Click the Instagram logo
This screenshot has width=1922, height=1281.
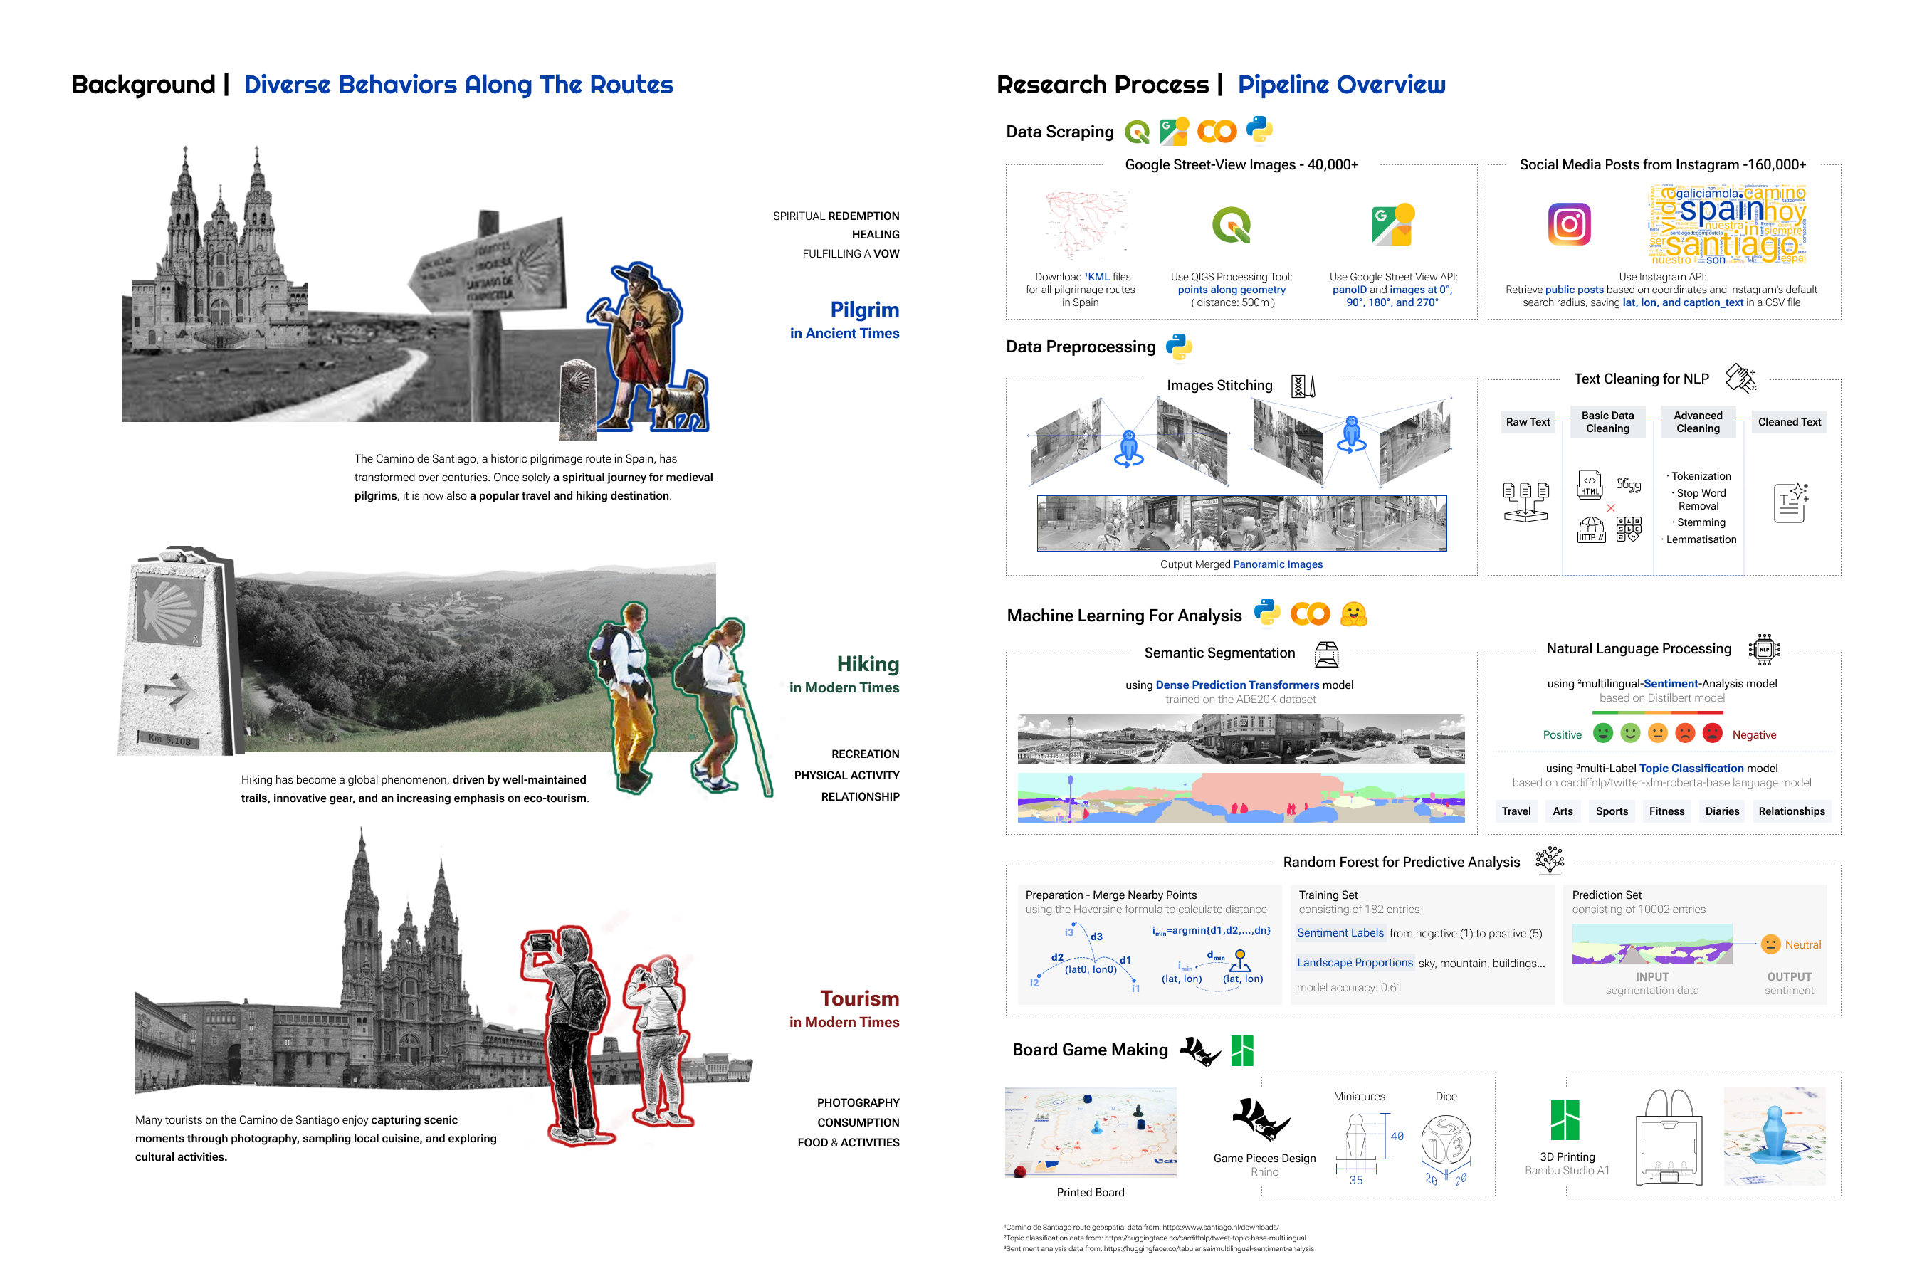click(x=1569, y=224)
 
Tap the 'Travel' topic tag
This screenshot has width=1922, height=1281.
click(x=1516, y=811)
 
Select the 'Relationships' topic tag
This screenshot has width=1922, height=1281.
click(x=1791, y=811)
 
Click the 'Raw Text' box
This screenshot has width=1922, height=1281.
click(x=1528, y=421)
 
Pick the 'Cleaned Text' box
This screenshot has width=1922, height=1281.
click(x=1789, y=421)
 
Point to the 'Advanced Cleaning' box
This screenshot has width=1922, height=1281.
click(x=1697, y=421)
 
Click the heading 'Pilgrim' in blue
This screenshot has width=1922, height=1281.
click(x=865, y=310)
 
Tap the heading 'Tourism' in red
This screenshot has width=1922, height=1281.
click(x=860, y=998)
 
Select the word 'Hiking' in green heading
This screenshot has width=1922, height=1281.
click(x=868, y=664)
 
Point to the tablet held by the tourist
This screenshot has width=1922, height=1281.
click(x=540, y=942)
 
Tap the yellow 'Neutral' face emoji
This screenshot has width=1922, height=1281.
click(x=1770, y=944)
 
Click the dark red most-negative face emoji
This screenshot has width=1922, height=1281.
click(x=1713, y=734)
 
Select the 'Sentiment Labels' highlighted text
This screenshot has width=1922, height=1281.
click(x=1340, y=933)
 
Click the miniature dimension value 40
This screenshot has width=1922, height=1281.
click(x=1397, y=1137)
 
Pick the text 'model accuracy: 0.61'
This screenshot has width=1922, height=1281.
click(x=1349, y=988)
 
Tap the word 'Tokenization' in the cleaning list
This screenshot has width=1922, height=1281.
click(x=1701, y=476)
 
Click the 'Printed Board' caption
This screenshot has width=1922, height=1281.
click(x=1090, y=1193)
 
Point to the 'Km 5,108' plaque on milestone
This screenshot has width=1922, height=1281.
click(x=170, y=740)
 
